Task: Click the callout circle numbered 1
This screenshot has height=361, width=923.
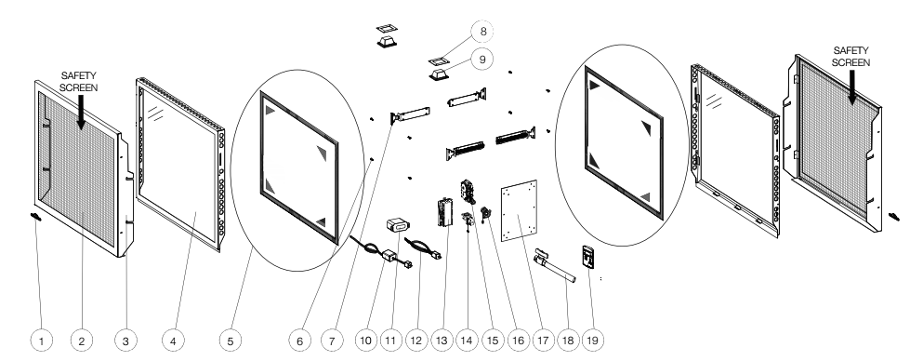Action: click(x=41, y=341)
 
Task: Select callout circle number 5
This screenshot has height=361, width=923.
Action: click(x=231, y=341)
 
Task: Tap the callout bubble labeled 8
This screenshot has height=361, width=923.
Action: click(x=482, y=32)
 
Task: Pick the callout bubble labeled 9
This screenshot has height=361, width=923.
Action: click(x=482, y=59)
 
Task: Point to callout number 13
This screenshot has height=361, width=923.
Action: click(x=442, y=341)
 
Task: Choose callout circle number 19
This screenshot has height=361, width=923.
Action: click(x=592, y=341)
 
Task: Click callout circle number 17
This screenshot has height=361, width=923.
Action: click(x=543, y=341)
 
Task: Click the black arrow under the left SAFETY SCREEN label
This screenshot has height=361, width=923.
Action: click(x=81, y=112)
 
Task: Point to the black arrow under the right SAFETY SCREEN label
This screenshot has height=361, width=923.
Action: click(x=851, y=87)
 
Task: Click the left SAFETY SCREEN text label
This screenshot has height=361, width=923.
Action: click(x=79, y=82)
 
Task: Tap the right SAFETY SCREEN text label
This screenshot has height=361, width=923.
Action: click(x=851, y=57)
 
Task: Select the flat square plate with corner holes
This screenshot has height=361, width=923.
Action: click(x=520, y=210)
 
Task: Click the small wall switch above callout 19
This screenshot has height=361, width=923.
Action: click(x=589, y=257)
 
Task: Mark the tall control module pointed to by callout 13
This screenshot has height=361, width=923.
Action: click(x=443, y=212)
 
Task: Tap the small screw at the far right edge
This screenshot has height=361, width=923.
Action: click(x=894, y=218)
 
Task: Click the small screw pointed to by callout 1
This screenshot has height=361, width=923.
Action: click(x=35, y=218)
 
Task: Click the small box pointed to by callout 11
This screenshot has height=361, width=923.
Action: click(x=398, y=224)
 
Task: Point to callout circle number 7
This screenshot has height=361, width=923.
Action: click(x=332, y=341)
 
